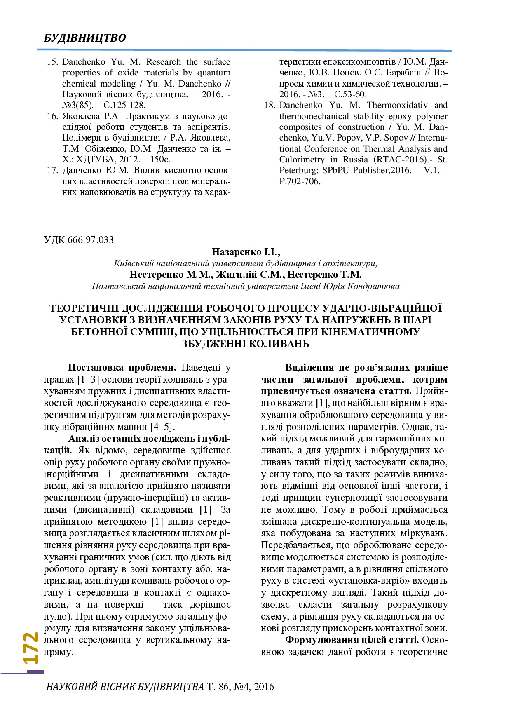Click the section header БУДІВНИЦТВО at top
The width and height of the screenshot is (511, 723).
[x=85, y=38]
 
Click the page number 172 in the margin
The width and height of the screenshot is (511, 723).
[x=31, y=648]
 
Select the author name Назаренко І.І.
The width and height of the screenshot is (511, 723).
[x=246, y=252]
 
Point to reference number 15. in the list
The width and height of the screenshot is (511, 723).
[x=52, y=62]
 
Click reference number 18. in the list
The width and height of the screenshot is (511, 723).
[x=270, y=105]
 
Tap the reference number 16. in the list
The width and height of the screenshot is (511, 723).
[x=52, y=116]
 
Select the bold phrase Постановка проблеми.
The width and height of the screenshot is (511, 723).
[x=122, y=367]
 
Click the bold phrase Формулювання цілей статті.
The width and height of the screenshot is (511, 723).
[x=352, y=640]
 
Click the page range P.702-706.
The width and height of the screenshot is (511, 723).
[x=300, y=181]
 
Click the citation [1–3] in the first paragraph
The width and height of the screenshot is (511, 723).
[x=88, y=379]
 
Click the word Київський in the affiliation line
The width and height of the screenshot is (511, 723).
[x=134, y=263]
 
